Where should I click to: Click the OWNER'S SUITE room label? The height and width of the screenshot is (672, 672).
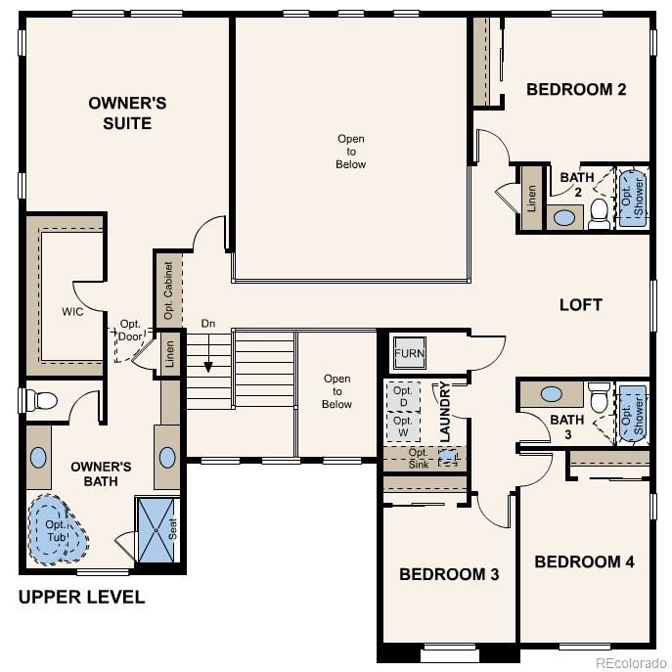click(119, 112)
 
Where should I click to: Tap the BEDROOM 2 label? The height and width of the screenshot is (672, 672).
click(576, 90)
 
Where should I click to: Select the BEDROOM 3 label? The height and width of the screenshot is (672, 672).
click(449, 574)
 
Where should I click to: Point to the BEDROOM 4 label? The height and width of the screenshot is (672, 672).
click(584, 561)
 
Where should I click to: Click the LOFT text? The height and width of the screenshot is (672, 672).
click(580, 304)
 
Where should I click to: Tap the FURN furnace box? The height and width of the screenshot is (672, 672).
click(410, 352)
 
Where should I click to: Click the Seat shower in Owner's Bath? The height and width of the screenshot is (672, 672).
click(157, 529)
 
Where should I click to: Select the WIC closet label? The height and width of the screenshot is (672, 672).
click(71, 311)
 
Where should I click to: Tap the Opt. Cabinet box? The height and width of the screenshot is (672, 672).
click(168, 290)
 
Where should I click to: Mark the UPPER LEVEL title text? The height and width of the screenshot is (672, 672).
click(81, 597)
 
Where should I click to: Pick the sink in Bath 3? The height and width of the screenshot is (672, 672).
click(552, 394)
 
